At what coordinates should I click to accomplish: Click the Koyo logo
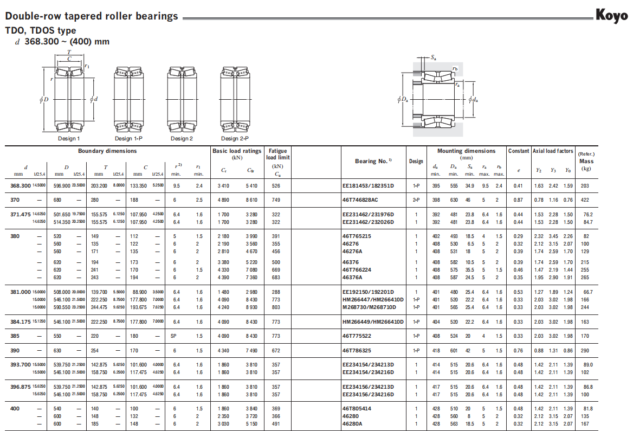tap(612, 15)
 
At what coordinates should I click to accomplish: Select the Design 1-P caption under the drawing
tap(128, 139)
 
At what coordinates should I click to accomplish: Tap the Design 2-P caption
tap(235, 139)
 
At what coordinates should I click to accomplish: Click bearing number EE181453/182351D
tap(368, 186)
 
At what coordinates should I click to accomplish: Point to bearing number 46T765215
tap(357, 236)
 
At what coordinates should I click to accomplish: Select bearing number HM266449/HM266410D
tap(373, 322)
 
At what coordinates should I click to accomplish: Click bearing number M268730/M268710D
tap(369, 307)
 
